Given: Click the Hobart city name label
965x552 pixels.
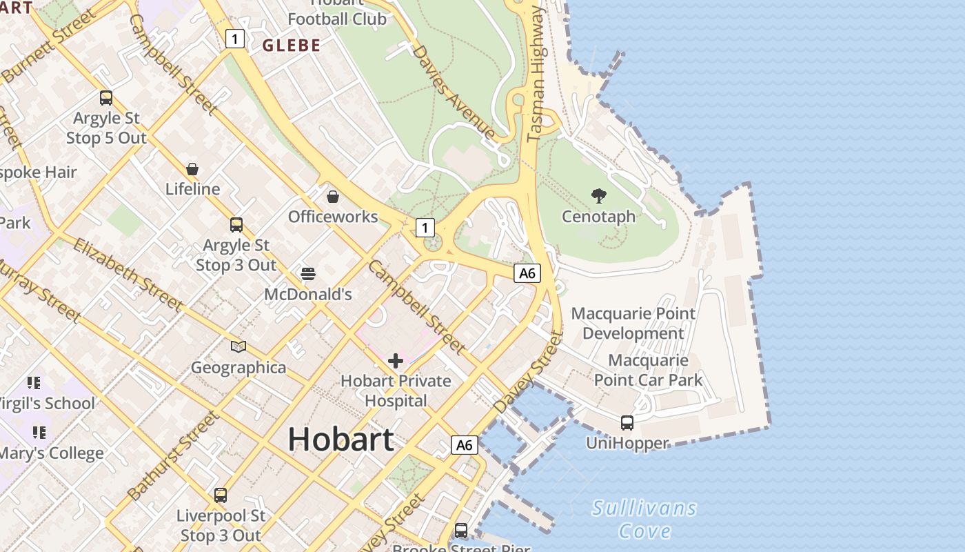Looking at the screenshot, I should tap(341, 439).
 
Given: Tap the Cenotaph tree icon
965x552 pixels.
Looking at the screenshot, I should tap(598, 196).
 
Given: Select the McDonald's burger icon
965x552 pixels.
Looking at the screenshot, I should tap(308, 274).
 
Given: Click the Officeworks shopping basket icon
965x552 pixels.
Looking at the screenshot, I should tap(333, 197).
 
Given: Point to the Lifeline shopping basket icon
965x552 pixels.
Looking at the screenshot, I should tap(192, 169).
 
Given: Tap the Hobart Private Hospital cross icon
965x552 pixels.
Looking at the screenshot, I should tap(396, 360).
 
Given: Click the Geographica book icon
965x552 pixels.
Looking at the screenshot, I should tap(238, 346).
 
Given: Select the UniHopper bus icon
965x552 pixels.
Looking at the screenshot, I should tap(627, 422).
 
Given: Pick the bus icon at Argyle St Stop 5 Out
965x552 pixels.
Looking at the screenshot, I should tap(106, 98).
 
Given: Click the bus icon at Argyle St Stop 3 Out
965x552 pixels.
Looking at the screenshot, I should tap(236, 224).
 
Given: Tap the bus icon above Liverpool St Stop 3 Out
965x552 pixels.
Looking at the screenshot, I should tap(221, 495).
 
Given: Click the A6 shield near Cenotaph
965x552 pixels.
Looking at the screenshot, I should tap(527, 273).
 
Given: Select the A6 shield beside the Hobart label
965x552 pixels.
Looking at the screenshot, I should tap(465, 445).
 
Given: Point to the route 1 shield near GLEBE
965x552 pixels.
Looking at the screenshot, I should tap(235, 39).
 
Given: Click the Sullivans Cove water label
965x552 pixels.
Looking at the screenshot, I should tap(644, 520).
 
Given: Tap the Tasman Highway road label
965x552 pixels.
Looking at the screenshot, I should tap(536, 76).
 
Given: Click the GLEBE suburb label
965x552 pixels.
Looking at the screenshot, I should tap(292, 46).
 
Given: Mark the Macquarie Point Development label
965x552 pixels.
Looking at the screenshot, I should tap(633, 324).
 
